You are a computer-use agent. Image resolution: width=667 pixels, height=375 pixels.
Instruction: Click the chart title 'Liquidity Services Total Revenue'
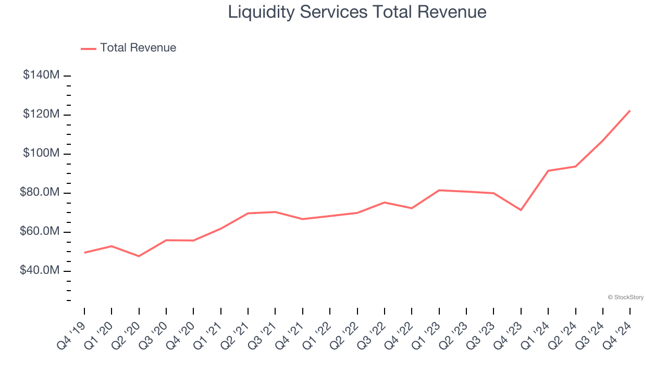pos(357,12)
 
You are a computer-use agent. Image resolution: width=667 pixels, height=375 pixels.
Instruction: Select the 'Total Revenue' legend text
pos(138,48)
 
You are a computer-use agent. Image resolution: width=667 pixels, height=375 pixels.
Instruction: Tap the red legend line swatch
pos(89,48)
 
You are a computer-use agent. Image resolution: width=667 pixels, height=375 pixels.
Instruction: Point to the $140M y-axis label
pos(41,75)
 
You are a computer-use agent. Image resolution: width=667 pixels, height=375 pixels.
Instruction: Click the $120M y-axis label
pos(41,114)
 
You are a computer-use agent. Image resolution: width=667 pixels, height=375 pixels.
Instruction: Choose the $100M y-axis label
pos(41,153)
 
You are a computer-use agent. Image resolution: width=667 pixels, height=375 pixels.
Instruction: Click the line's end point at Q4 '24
pos(630,110)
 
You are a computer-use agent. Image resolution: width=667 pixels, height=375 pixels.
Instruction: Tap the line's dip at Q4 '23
pos(521,210)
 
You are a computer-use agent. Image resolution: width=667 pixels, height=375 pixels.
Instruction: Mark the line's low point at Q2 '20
pos(139,256)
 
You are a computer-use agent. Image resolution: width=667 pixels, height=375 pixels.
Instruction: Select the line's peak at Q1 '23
pos(439,190)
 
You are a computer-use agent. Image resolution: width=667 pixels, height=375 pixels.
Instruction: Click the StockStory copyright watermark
pos(625,297)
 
